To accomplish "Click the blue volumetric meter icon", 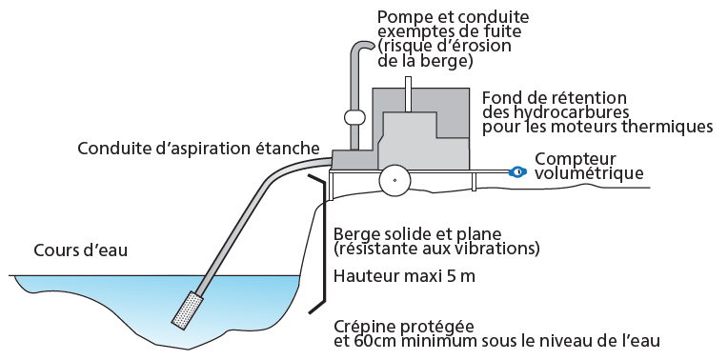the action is (x=517, y=171).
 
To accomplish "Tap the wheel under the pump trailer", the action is (x=394, y=180).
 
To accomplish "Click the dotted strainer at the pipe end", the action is (x=187, y=310).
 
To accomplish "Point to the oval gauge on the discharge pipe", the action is (x=355, y=116).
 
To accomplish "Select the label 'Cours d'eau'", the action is (x=80, y=250).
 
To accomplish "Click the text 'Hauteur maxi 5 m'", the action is (x=404, y=276).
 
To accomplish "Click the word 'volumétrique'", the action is (x=589, y=173).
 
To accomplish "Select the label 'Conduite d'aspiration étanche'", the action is (x=199, y=149).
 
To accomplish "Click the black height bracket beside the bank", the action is (x=323, y=244).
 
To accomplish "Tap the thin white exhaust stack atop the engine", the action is (x=408, y=94).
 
